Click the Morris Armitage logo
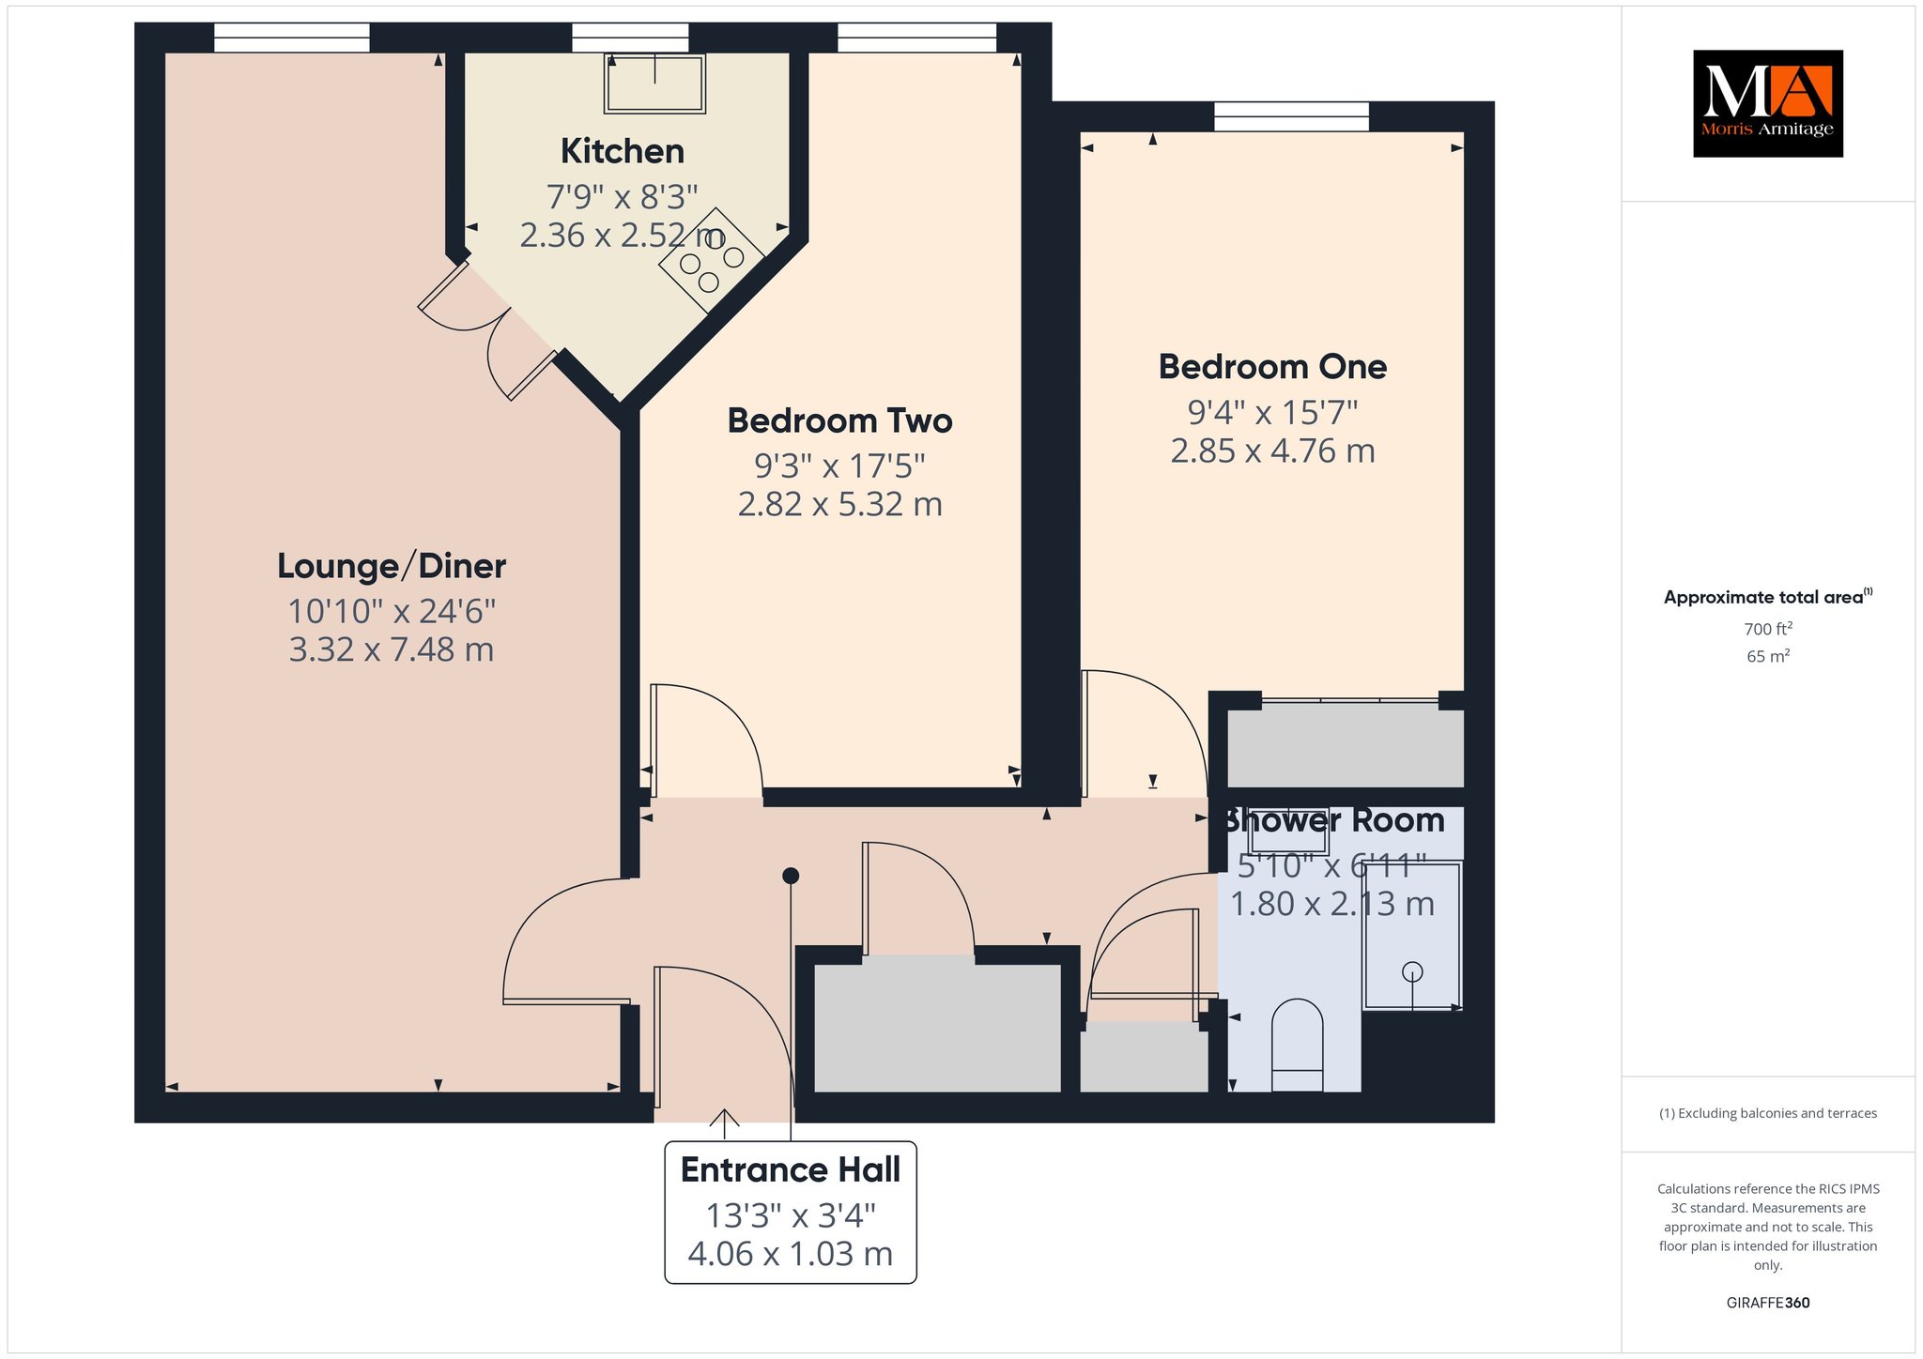(x=1767, y=103)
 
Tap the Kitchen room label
(x=623, y=151)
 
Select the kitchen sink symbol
(x=654, y=84)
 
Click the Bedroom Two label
(x=840, y=420)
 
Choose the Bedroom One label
(x=1272, y=367)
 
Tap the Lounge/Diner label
(x=392, y=566)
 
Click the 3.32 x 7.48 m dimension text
(x=392, y=649)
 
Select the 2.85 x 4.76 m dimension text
(x=1272, y=451)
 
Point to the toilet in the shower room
(x=1297, y=1045)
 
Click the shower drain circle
(x=1412, y=972)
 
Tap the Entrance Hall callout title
(x=791, y=1170)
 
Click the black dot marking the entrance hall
(x=791, y=876)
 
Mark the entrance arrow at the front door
(x=724, y=1118)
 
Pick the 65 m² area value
(x=1768, y=656)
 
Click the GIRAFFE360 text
(x=1768, y=1303)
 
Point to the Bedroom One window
(x=1291, y=116)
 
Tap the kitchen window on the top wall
(x=630, y=38)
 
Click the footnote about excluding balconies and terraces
(x=1768, y=1113)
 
